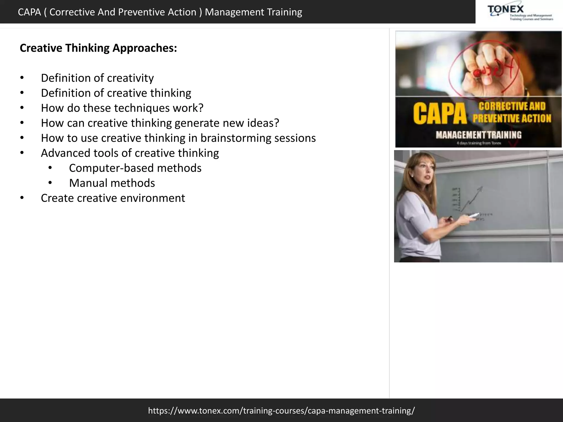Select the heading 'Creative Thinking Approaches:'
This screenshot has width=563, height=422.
98,48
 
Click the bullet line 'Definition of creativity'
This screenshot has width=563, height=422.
97,78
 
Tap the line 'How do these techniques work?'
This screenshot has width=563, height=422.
122,108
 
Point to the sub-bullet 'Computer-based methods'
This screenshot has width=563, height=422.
135,168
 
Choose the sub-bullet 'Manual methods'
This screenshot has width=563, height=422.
112,183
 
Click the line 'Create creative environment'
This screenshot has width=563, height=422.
113,198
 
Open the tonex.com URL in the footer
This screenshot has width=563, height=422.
281,410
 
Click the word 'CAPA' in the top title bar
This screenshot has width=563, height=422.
29,12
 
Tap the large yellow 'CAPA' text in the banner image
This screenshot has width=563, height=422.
440,114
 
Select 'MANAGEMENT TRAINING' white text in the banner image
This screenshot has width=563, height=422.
478,135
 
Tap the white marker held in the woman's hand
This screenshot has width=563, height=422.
473,216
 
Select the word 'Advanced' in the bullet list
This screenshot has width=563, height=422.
64,153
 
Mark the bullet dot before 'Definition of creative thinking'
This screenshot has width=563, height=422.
22,93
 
